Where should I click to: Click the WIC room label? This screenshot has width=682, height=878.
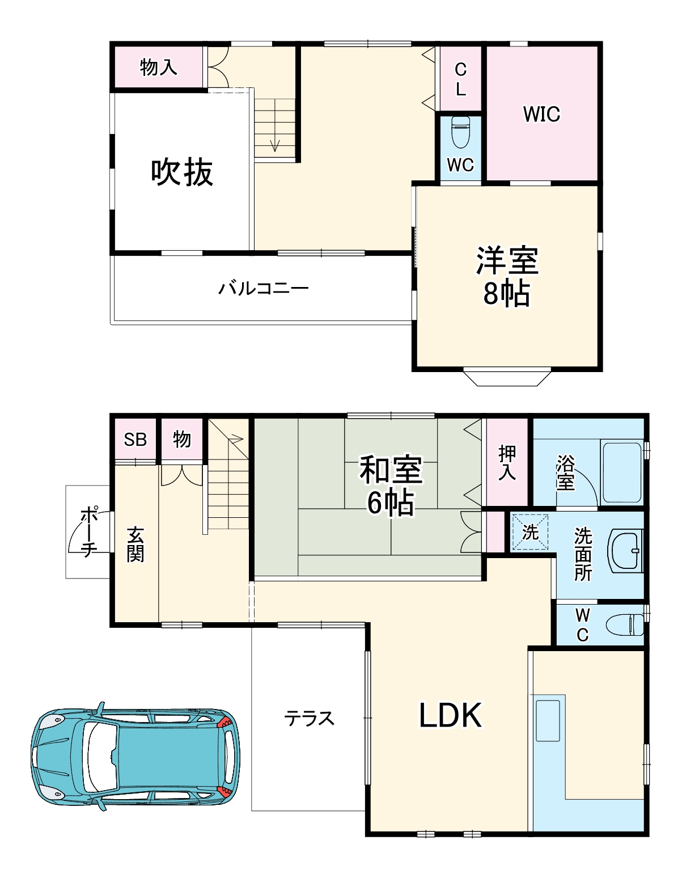(541, 114)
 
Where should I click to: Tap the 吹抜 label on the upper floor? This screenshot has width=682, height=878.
(182, 172)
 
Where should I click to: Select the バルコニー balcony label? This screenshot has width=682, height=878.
(264, 288)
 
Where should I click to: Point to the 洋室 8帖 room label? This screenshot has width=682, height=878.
(507, 276)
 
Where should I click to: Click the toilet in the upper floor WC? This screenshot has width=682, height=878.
(460, 132)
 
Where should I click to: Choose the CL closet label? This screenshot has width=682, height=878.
(460, 79)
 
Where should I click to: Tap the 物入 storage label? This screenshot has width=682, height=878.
(158, 67)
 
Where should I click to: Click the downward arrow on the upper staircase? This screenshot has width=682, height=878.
(275, 145)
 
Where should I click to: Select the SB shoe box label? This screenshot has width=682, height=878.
(135, 440)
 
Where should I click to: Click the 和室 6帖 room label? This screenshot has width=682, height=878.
(391, 486)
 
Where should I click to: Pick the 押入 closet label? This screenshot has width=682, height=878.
(507, 463)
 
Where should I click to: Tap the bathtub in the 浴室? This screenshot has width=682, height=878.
(621, 472)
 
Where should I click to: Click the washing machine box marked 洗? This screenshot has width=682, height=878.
(530, 532)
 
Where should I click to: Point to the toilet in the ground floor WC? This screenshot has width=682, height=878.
(625, 625)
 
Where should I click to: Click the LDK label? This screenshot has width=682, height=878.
(450, 715)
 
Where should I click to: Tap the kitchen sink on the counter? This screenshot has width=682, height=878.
(547, 720)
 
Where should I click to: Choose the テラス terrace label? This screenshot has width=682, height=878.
(309, 719)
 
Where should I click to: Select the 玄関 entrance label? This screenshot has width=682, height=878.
(135, 544)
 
